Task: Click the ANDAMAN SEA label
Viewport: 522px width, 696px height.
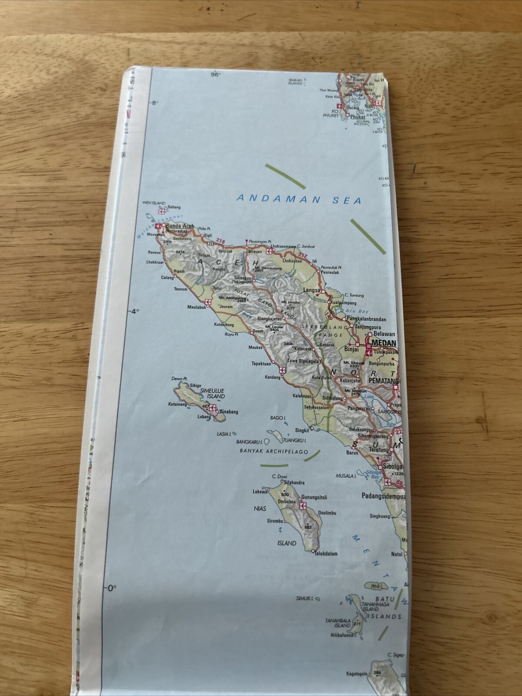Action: (299, 200)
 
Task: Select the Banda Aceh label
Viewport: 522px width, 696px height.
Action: (180, 226)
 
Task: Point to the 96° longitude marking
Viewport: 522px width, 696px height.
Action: (215, 75)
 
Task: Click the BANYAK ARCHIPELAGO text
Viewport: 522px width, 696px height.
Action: (274, 451)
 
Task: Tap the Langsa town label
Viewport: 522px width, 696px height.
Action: (311, 290)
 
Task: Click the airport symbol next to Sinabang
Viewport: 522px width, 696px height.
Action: (214, 408)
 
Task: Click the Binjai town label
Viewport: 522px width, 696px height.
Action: (351, 349)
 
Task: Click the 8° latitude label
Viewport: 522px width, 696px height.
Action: (154, 103)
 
